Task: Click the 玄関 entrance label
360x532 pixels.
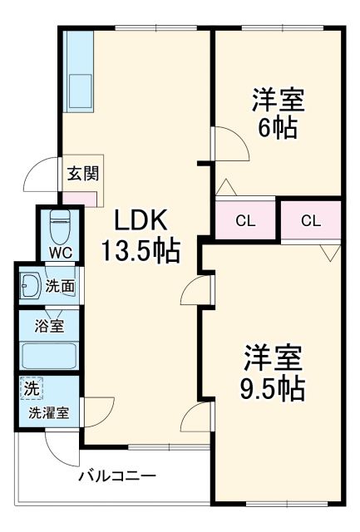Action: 83,175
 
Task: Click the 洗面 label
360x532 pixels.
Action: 60,287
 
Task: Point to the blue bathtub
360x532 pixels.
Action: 48,357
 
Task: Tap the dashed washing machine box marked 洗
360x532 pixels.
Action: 31,388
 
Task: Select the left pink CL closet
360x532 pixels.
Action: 245,220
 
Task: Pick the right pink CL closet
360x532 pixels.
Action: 310,220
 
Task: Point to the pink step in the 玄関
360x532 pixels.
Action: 82,199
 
